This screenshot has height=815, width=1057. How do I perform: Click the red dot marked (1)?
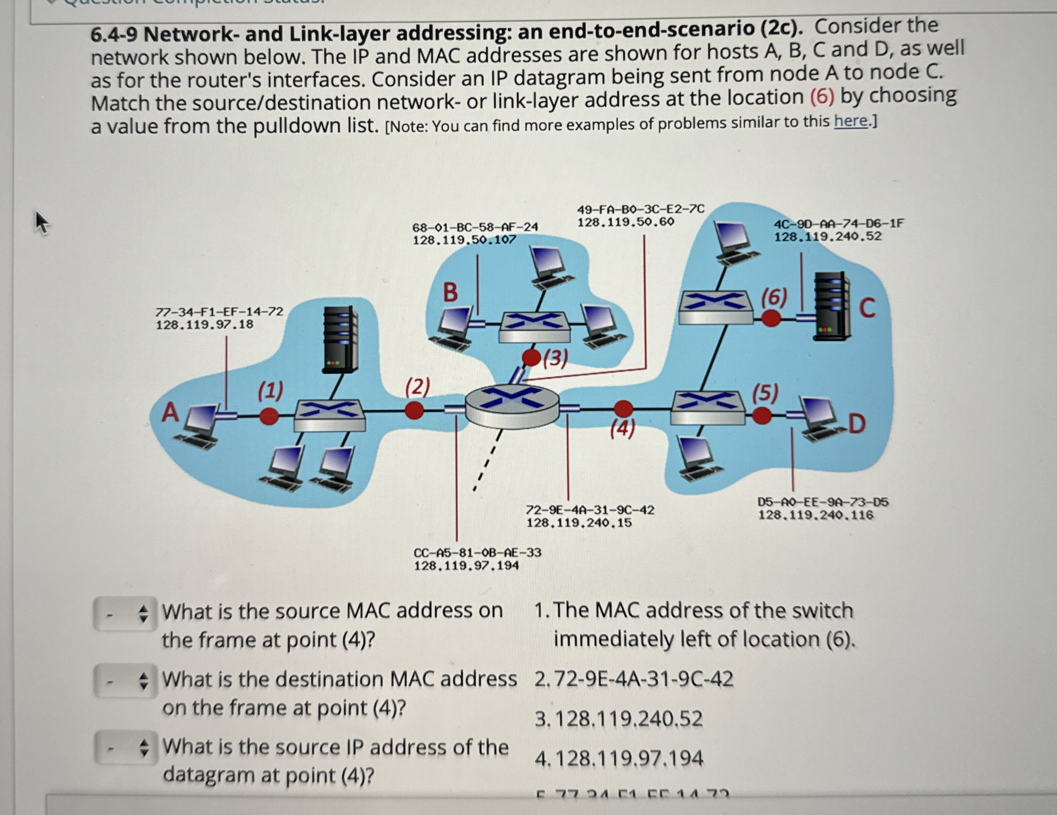click(269, 416)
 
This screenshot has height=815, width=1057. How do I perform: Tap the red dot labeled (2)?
click(414, 410)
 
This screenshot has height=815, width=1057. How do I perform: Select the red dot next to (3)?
click(531, 358)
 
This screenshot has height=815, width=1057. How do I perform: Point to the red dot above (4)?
click(623, 409)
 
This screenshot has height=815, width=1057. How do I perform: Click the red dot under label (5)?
click(762, 416)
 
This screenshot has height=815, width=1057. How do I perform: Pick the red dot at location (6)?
click(771, 318)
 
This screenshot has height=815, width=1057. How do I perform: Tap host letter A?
click(170, 413)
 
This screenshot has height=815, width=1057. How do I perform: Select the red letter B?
click(450, 293)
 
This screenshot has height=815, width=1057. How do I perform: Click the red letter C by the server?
click(867, 308)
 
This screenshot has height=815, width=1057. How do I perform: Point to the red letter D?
click(857, 425)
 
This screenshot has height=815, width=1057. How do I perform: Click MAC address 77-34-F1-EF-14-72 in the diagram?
click(219, 311)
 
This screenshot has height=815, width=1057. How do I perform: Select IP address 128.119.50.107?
click(464, 240)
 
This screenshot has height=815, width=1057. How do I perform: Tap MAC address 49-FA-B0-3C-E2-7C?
click(641, 209)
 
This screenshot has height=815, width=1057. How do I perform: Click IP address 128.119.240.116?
click(816, 515)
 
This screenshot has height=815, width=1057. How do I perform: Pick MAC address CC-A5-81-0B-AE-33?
click(477, 553)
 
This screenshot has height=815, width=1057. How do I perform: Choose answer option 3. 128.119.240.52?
click(619, 719)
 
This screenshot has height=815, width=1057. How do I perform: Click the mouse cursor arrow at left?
click(42, 223)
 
